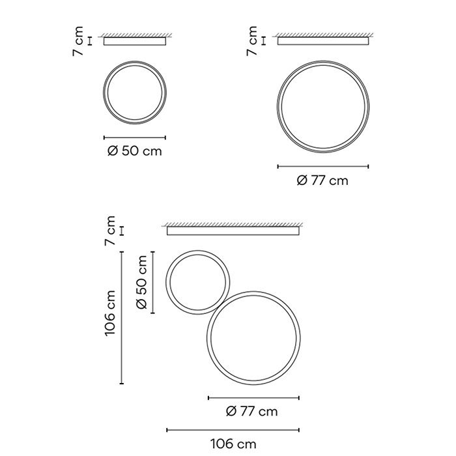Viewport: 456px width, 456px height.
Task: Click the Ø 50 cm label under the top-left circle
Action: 134,151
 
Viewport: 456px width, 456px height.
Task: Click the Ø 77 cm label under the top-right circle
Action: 322,180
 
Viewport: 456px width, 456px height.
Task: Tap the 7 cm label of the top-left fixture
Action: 78,41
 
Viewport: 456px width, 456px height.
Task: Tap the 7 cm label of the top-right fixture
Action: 252,40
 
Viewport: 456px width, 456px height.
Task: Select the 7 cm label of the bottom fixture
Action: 110,231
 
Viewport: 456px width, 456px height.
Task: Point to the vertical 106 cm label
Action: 110,313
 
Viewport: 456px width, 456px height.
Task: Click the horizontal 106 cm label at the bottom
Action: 233,444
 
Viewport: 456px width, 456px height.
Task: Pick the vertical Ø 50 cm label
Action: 141,282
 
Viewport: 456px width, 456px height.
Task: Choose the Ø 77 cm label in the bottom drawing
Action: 252,412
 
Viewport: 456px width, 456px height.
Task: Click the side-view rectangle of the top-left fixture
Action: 135,41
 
